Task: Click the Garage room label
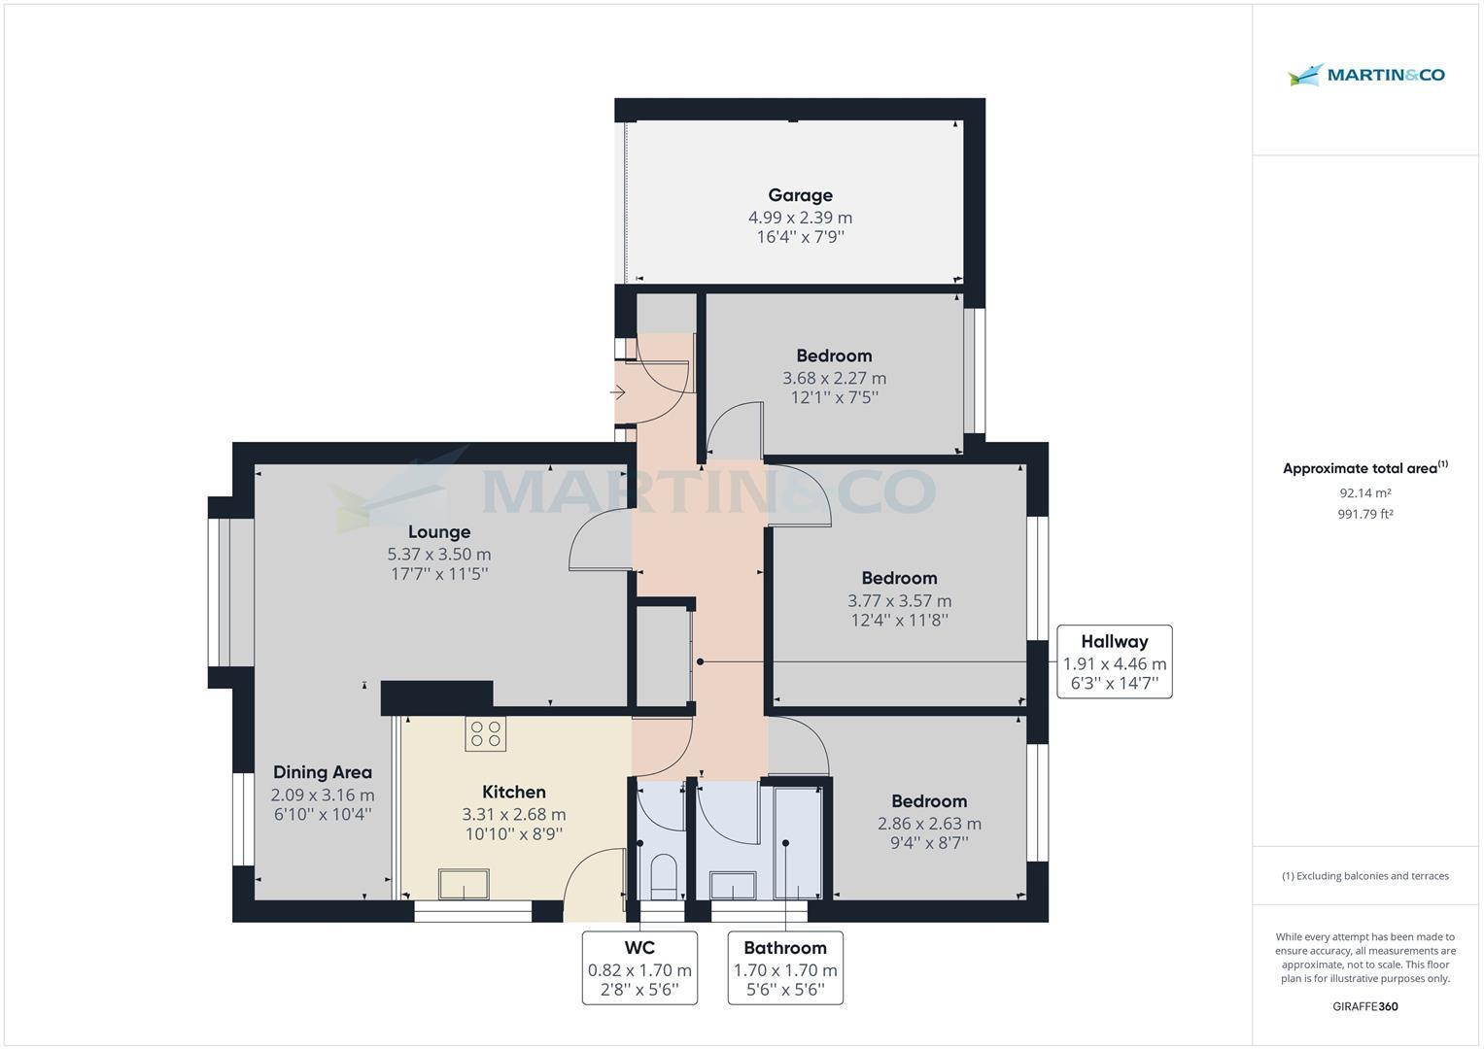point(800,195)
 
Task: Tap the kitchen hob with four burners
point(485,733)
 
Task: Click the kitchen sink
point(465,884)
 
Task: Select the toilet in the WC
point(663,875)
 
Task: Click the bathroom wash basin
point(732,886)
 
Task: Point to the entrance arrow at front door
point(618,393)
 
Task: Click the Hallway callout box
point(1114,662)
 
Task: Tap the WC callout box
point(639,967)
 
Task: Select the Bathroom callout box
point(785,967)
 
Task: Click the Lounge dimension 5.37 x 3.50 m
point(439,555)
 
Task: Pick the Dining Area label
point(323,772)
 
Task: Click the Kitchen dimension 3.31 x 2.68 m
point(514,815)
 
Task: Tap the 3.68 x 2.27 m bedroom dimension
point(834,378)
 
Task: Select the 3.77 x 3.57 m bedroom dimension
point(899,601)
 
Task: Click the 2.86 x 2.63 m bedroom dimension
point(929,824)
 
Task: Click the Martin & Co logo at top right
point(1366,75)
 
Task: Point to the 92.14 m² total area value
point(1364,493)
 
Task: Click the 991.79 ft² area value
point(1364,515)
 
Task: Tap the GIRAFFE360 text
point(1364,1006)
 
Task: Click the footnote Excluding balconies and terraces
point(1364,876)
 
